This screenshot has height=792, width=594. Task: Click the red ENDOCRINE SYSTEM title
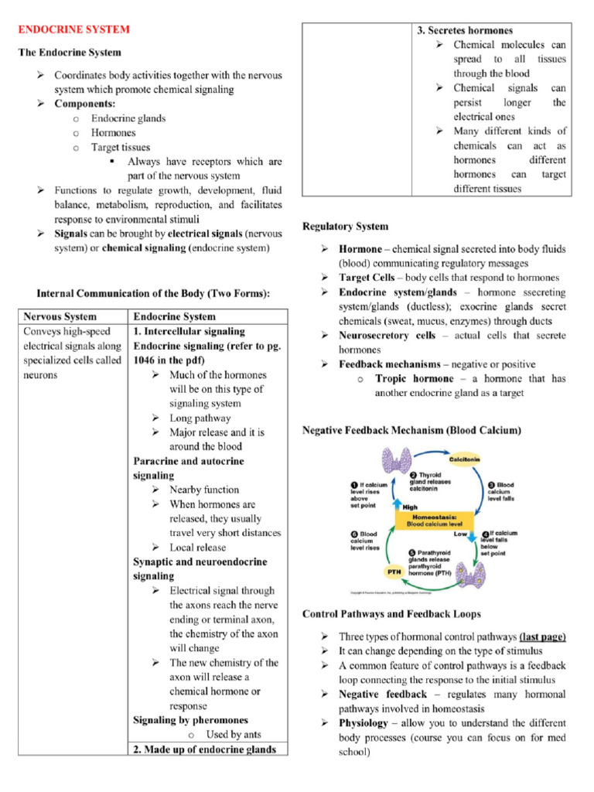coord(73,29)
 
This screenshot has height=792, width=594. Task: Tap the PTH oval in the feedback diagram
coord(394,572)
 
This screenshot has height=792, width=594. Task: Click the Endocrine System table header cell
coord(175,316)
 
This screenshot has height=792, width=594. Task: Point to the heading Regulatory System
coord(345,227)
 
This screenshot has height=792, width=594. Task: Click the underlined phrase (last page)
coord(542,636)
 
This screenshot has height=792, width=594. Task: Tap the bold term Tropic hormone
coord(415,379)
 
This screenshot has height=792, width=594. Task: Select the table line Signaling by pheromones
coord(190,720)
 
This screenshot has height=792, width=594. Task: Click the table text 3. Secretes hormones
coord(465,30)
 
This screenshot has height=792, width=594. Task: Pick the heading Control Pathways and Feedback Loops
coord(391,613)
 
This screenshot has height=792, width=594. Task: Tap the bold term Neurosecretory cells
coord(387,336)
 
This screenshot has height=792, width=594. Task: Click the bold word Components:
coord(84,104)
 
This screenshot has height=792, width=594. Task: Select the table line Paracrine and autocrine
coord(188,461)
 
